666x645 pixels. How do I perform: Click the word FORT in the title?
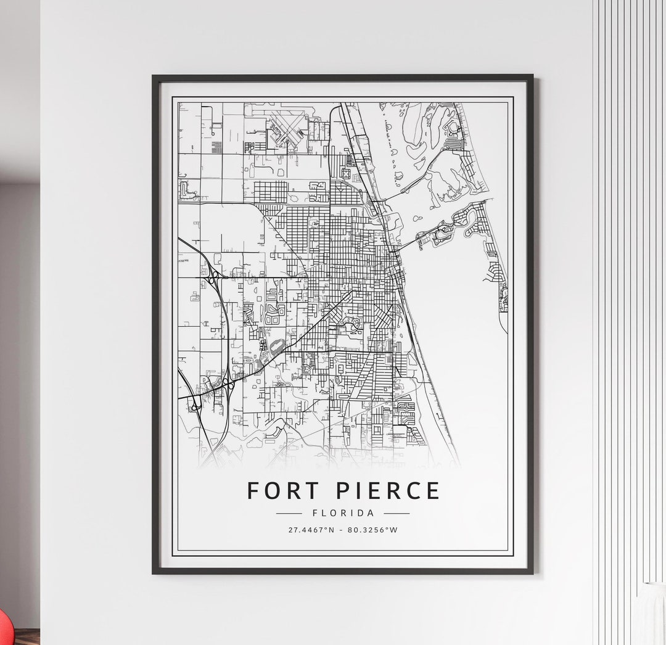tap(283, 491)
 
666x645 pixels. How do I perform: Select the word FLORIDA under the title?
tap(343, 513)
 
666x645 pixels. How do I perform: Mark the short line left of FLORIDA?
tap(289, 513)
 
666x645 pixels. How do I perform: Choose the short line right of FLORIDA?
tap(397, 513)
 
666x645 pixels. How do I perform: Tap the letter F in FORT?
tap(252, 491)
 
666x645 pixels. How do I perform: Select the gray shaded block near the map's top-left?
tap(216, 147)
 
